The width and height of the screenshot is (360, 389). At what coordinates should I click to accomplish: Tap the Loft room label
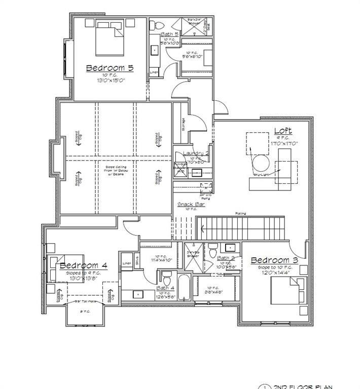click(x=283, y=131)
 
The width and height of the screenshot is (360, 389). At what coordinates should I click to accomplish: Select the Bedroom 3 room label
click(x=274, y=260)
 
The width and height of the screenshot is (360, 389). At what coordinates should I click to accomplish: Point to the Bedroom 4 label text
click(x=83, y=265)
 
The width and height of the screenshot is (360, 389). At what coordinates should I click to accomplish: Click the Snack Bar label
click(x=191, y=204)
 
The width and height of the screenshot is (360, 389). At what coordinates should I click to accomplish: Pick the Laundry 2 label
click(x=196, y=153)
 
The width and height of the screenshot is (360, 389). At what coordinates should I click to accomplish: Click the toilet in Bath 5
click(x=157, y=25)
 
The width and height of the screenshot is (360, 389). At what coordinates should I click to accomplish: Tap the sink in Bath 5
click(x=154, y=50)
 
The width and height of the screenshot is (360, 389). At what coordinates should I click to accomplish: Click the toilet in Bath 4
click(x=166, y=279)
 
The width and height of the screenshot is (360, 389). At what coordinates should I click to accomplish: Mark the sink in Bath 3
click(x=230, y=248)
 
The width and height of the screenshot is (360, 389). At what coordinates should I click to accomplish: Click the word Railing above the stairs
click(x=241, y=213)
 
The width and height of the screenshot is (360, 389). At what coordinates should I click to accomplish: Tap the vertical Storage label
click(x=183, y=123)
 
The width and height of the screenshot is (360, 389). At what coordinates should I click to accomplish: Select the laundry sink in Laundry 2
click(x=196, y=172)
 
